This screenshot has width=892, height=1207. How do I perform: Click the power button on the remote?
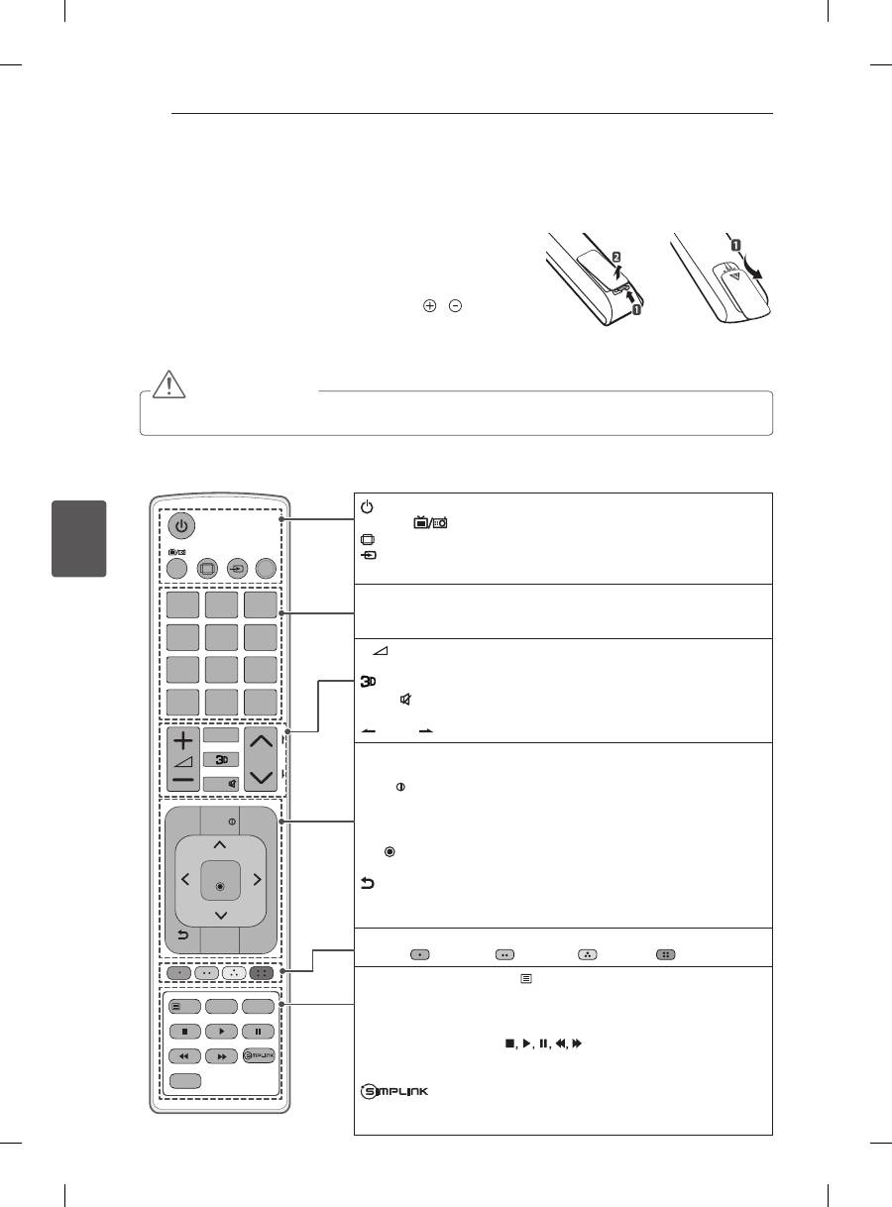(x=181, y=525)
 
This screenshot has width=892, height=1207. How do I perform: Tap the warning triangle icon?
(x=168, y=384)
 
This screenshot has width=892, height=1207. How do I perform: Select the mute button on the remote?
(x=221, y=784)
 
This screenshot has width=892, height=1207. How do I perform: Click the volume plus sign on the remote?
(x=183, y=740)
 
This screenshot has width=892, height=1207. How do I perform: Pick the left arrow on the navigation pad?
(x=185, y=879)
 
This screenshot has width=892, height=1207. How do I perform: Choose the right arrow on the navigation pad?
(x=257, y=879)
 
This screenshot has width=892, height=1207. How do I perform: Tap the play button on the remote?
(x=221, y=1032)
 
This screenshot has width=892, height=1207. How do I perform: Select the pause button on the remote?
(x=258, y=1032)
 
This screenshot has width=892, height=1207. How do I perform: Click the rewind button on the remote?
(x=184, y=1056)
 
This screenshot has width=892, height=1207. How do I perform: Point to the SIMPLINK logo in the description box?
(x=394, y=1091)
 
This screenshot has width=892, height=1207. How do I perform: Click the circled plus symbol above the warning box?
(x=429, y=306)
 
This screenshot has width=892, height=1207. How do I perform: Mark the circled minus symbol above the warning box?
(x=455, y=306)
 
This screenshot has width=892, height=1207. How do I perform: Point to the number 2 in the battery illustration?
(x=616, y=257)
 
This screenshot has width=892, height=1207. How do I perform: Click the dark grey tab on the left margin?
(x=79, y=539)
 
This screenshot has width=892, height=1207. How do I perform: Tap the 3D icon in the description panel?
(x=369, y=682)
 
